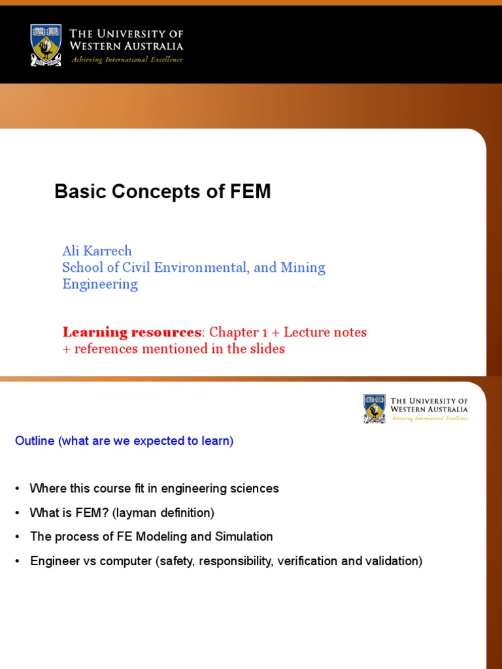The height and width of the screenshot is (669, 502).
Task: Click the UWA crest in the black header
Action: tap(46, 44)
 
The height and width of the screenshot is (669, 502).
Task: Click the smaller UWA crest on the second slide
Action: tap(375, 408)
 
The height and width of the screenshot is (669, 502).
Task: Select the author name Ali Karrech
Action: tap(97, 251)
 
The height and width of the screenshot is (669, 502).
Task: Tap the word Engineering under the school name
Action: tap(100, 284)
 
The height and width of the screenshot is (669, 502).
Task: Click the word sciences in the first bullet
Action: tap(256, 489)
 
